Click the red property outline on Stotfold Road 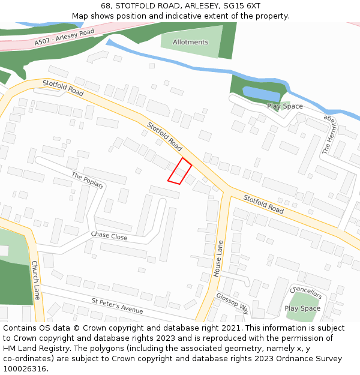click(x=179, y=171)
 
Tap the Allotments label click(x=190, y=42)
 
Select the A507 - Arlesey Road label click(x=65, y=37)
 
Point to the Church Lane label click(x=35, y=280)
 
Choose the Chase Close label click(x=109, y=236)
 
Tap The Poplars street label click(x=88, y=181)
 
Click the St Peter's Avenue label click(x=118, y=306)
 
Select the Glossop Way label click(x=233, y=304)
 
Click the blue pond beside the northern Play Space click(x=261, y=94)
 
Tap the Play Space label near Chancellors click(x=302, y=308)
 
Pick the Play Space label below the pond click(x=285, y=106)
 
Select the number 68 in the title click(x=106, y=5)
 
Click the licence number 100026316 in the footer click(x=25, y=368)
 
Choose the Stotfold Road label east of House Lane click(x=263, y=204)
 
